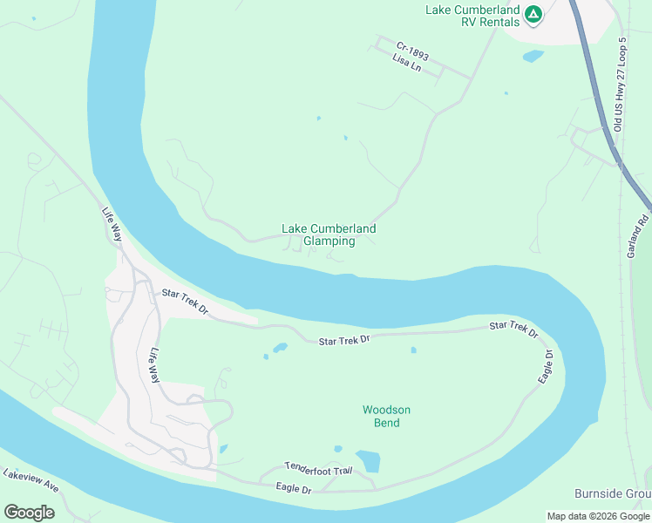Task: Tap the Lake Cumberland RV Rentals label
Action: pos(472,17)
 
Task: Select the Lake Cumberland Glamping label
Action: pos(329,235)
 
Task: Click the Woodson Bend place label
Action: pos(386,416)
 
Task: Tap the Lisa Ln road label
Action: pos(407,64)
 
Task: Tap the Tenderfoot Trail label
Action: pos(318,470)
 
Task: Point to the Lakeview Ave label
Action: pos(31,479)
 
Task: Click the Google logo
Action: pos(29,513)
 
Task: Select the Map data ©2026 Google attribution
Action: pos(598,516)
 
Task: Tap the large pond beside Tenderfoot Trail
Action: pos(368,461)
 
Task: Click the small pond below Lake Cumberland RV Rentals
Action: pos(533,57)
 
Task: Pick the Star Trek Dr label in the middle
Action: pos(344,339)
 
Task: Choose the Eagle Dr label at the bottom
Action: pos(294,490)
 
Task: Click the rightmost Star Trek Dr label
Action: pos(513,329)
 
